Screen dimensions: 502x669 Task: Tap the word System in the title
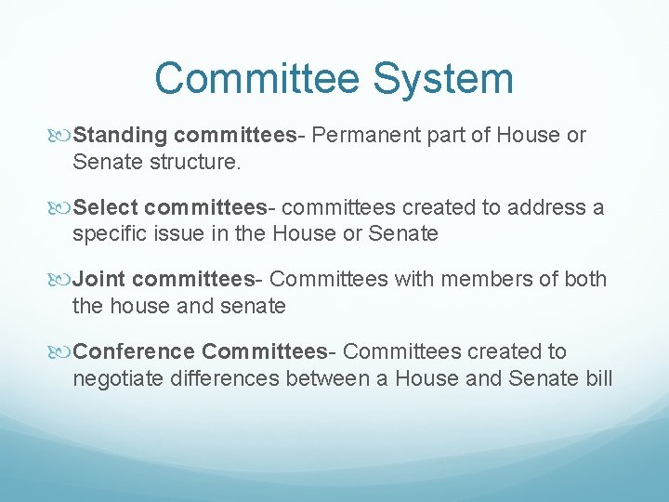point(442,78)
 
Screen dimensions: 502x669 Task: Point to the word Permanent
point(367,136)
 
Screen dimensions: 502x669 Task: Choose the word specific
point(110,233)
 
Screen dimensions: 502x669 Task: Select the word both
point(585,279)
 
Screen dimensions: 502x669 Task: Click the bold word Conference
point(134,351)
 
